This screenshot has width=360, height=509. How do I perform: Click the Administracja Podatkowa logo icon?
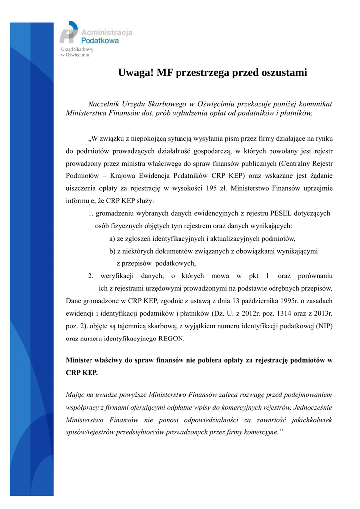69,33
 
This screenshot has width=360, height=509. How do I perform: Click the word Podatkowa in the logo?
99,41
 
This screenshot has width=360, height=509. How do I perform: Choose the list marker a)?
113,238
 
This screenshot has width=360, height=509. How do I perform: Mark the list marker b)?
113,251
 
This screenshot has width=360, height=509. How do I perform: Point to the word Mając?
76,395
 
